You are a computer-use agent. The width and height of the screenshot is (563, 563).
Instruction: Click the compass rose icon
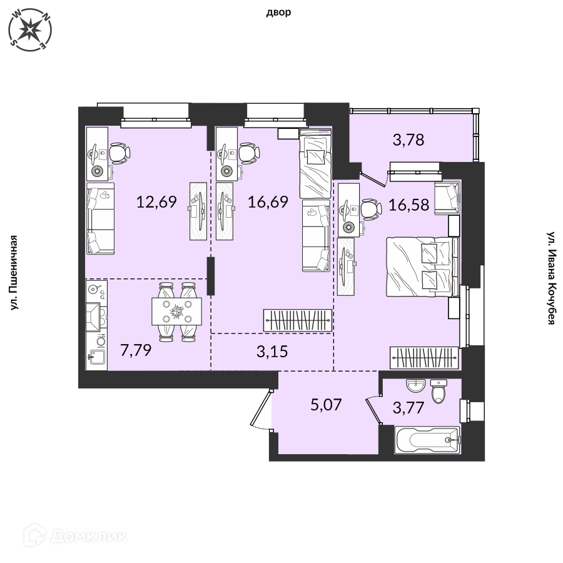tap(30, 29)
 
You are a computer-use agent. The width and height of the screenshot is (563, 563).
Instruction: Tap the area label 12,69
tap(156, 202)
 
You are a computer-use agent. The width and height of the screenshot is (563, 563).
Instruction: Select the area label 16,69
tap(268, 202)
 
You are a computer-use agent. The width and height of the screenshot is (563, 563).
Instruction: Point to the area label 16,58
tap(408, 205)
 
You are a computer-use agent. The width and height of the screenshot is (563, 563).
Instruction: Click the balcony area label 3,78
tap(408, 139)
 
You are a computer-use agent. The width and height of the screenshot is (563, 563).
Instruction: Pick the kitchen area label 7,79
tap(136, 350)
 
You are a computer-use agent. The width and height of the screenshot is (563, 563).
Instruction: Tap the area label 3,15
tap(272, 352)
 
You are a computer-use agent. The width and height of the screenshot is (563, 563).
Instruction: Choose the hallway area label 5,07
tap(326, 405)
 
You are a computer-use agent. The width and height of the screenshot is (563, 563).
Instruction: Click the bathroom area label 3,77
tap(408, 407)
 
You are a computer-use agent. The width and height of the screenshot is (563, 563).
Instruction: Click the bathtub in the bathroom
tap(427, 440)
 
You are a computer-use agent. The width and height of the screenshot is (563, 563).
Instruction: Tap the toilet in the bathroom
tap(439, 392)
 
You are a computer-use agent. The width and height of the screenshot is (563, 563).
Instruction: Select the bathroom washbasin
tap(415, 386)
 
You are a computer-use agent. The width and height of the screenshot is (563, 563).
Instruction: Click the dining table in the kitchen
tap(176, 312)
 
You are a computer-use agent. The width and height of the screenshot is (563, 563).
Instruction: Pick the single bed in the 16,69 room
tap(315, 163)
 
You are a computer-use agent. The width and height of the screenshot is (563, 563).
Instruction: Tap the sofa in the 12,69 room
tap(101, 218)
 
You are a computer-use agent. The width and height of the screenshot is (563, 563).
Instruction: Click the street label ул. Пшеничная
tap(13, 273)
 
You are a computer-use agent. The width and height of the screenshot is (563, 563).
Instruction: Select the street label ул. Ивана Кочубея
tap(550, 278)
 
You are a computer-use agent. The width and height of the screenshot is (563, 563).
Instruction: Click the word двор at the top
tap(278, 13)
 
